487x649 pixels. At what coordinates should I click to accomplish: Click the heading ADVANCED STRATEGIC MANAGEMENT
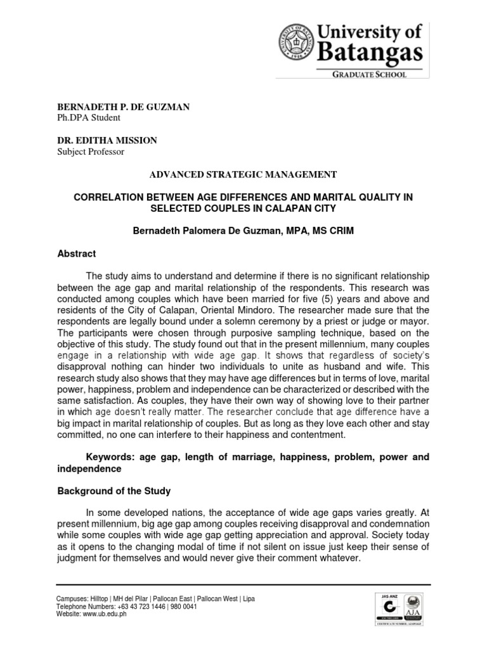point(243,174)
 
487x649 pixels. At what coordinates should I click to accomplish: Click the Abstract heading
point(77,254)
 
